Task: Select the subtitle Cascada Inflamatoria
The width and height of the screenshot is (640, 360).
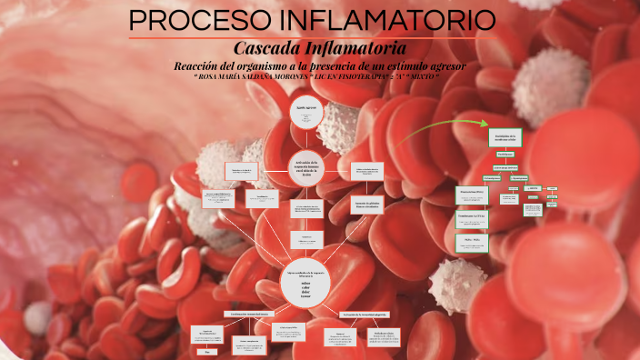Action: (x=319, y=47)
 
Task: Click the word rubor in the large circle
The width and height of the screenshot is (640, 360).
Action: (x=305, y=282)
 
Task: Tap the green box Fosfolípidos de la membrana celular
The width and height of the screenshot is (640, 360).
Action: (x=505, y=137)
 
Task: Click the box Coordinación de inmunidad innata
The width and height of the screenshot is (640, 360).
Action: (x=245, y=315)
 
